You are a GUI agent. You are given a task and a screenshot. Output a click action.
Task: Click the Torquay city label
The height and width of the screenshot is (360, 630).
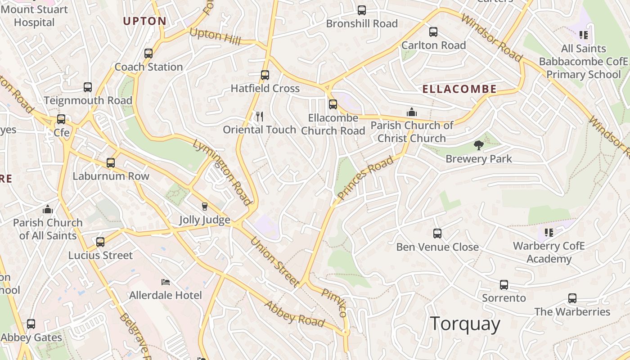pos(465,324)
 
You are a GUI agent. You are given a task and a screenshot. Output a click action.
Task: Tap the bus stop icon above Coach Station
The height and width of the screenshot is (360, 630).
pos(148,54)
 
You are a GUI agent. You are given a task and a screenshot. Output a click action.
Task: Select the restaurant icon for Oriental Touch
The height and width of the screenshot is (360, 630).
pos(259,117)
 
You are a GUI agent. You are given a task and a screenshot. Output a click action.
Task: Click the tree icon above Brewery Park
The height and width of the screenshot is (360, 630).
pos(478,145)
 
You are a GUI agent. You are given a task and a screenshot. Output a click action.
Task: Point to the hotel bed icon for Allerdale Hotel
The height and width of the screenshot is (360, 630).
pos(166,282)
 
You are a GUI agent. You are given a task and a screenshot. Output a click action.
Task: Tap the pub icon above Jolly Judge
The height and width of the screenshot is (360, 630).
pos(205,207)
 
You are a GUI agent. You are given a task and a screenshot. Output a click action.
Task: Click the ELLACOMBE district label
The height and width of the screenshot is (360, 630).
pos(459,89)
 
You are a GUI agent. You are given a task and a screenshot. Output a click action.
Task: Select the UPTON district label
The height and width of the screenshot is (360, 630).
pos(144,21)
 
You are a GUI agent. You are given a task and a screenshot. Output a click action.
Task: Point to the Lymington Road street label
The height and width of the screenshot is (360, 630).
pos(222,172)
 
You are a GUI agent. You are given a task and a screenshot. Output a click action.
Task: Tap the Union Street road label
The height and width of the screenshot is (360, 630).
pos(274,262)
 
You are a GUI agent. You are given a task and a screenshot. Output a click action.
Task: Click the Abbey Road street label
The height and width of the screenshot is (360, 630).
pos(294,314)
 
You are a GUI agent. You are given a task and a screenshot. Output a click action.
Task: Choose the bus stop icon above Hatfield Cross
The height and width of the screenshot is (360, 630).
pos(265,75)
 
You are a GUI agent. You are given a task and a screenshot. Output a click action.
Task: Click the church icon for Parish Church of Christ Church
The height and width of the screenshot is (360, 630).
pos(411,112)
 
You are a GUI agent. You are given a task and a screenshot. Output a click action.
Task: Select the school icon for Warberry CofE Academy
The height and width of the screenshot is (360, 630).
pos(549,233)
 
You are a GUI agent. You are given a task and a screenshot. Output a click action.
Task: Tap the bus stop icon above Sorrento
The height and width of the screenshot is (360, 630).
pos(504,285)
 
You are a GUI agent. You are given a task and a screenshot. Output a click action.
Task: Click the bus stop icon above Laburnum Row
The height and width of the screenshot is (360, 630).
pos(111,163)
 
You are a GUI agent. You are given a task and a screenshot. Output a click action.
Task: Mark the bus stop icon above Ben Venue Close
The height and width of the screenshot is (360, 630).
pos(437,234)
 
